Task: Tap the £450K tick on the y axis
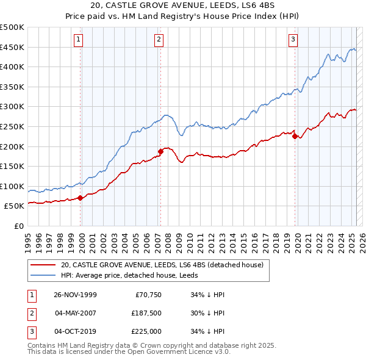click(12, 47)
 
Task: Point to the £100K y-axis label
click(12, 186)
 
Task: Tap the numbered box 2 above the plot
click(159, 40)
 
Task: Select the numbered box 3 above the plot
click(293, 40)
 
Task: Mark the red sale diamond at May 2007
click(161, 151)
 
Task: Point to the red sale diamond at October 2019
click(295, 136)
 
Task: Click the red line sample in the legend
click(43, 265)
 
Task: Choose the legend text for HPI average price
click(121, 275)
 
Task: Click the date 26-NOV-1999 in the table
click(76, 295)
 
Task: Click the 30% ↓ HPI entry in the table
click(208, 313)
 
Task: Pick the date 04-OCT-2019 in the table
click(76, 331)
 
